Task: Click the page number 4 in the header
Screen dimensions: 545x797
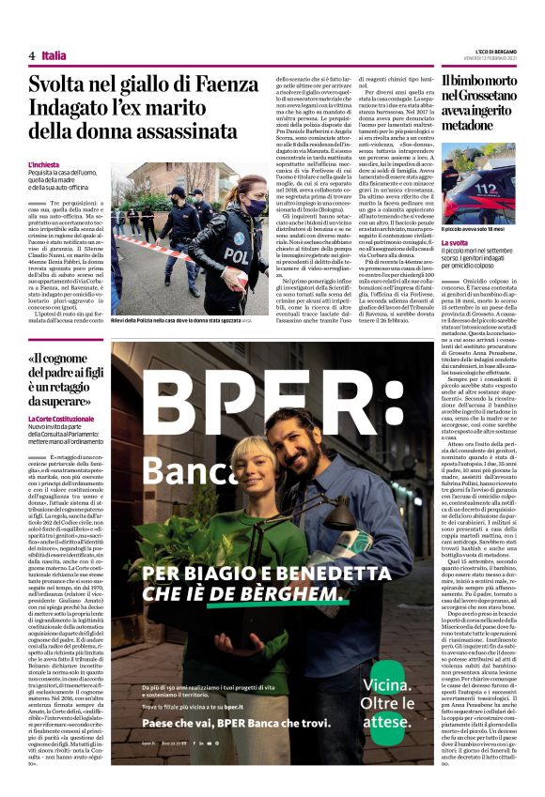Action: tap(31, 55)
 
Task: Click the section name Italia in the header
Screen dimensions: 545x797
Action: tap(54, 55)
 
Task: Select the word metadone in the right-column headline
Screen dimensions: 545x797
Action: tap(474, 125)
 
